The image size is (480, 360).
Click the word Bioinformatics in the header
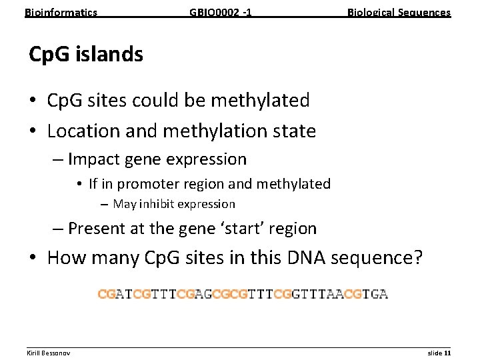tap(61, 12)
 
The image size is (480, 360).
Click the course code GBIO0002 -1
tap(221, 12)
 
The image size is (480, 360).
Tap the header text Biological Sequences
tap(399, 12)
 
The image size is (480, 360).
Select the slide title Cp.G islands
tap(86, 54)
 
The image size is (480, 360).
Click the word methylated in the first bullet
tap(261, 101)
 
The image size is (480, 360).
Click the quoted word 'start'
tap(233, 229)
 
